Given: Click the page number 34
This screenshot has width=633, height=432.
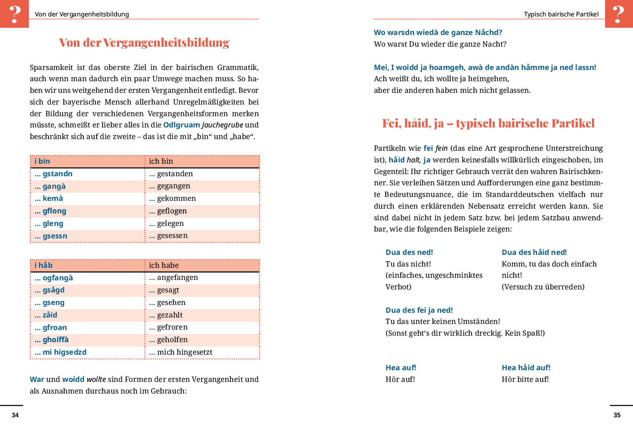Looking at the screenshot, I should [15, 415].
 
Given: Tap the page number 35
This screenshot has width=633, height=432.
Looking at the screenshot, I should [617, 415].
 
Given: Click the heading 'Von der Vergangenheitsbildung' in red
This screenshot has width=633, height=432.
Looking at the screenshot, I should [144, 42].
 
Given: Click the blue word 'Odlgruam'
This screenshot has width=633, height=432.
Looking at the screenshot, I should [181, 125].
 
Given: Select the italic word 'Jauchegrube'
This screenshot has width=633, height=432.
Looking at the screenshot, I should [222, 125].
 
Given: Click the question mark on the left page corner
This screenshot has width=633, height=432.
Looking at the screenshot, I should [15, 14].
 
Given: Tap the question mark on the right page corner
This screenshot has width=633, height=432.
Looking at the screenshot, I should [618, 14].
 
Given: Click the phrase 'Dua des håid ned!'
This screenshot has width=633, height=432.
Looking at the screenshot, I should [534, 252].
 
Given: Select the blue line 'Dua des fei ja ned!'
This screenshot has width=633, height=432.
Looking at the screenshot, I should [419, 310].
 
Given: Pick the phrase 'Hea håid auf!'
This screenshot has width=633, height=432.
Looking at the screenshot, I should [526, 368].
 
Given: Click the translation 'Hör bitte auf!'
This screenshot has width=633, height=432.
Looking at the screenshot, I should [525, 379].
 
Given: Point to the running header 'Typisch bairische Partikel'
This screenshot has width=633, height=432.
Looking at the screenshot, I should [561, 14].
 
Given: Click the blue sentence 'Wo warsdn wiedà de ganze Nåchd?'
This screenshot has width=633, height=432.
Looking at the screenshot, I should [438, 32].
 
